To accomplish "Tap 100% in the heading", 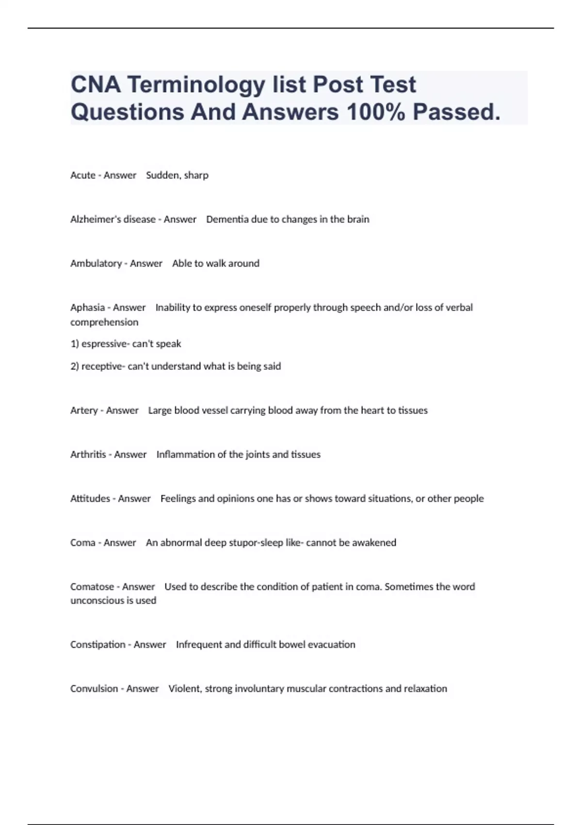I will point(376,112).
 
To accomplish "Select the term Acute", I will point(83,175).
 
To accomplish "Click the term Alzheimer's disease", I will point(113,219).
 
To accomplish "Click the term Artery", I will point(84,411).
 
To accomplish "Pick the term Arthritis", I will point(88,455).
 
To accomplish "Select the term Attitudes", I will point(90,499).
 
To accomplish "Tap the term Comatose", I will point(92,587).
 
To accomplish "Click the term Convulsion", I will point(94,689).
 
